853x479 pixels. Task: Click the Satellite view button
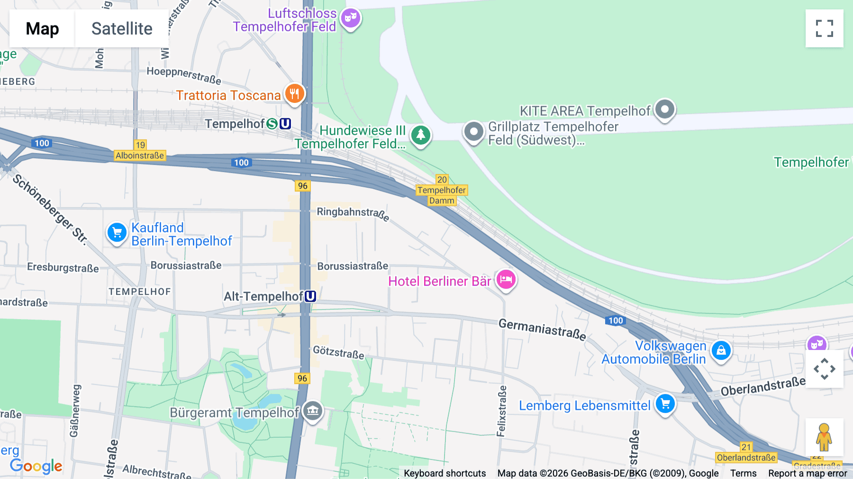click(122, 28)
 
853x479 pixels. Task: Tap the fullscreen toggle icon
click(824, 28)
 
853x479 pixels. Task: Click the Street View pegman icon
click(824, 437)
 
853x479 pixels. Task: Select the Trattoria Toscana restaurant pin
click(294, 94)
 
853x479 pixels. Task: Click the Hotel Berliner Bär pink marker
click(506, 280)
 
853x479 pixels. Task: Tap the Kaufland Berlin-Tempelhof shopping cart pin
click(117, 233)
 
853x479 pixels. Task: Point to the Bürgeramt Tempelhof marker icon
click(313, 411)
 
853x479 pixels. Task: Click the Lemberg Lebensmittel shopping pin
click(665, 404)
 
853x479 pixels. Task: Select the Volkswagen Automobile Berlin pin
click(721, 351)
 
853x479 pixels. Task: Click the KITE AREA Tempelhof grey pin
click(664, 110)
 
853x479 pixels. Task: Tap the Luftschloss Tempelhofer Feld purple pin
click(351, 18)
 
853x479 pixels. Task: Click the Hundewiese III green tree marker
click(420, 136)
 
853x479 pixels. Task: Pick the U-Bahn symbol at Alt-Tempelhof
click(310, 296)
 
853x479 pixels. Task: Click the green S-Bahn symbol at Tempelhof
click(272, 124)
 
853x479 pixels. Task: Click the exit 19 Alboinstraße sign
click(140, 151)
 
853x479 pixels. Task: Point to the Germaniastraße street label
click(542, 329)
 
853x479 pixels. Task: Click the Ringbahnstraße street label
click(353, 213)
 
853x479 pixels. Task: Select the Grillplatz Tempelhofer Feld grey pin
click(473, 131)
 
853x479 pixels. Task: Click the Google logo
click(36, 466)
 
